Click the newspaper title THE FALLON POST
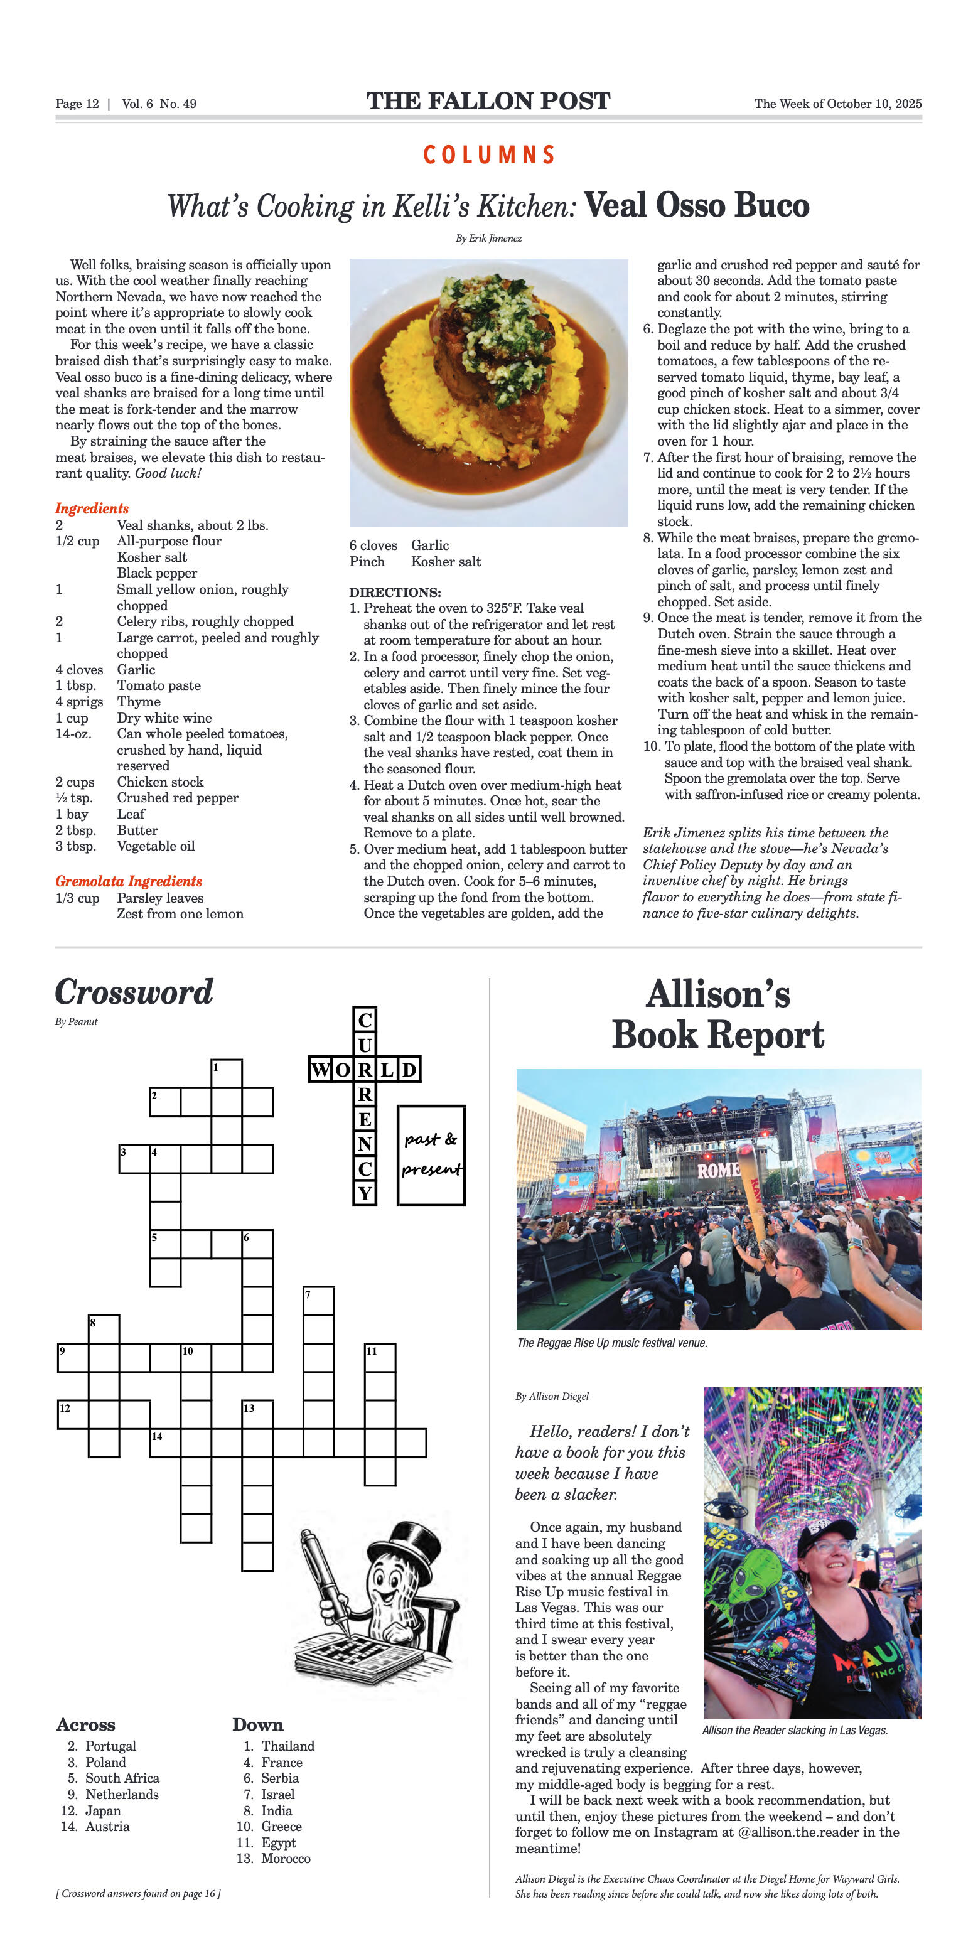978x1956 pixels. click(x=488, y=101)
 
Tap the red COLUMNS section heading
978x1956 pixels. click(x=489, y=155)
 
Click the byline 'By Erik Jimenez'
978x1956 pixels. click(x=488, y=239)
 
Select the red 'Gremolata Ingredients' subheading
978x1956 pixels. click(x=128, y=881)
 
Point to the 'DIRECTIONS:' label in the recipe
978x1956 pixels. click(x=395, y=593)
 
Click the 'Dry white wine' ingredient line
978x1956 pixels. click(x=164, y=717)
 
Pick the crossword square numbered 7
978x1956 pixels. click(x=318, y=1301)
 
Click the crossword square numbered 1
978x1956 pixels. click(x=226, y=1073)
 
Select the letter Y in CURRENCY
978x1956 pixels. click(x=365, y=1193)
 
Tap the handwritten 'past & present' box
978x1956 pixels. click(x=431, y=1154)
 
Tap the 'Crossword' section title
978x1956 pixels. click(x=134, y=992)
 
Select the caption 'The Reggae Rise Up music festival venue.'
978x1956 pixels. click(x=612, y=1343)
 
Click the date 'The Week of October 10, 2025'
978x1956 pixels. click(x=837, y=104)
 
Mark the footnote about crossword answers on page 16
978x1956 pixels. click(x=138, y=1894)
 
